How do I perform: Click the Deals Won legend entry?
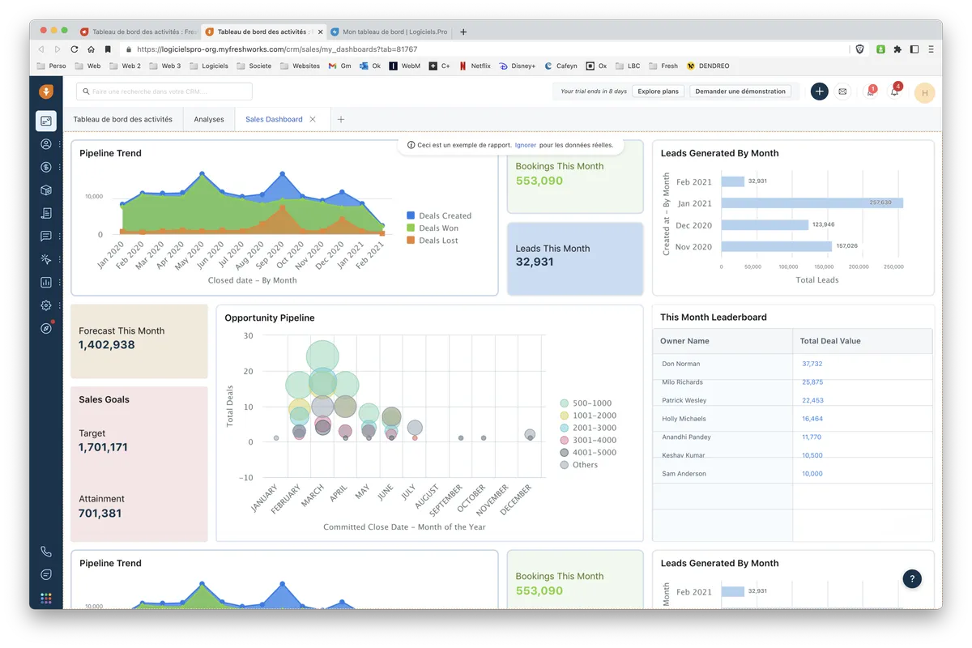[438, 228]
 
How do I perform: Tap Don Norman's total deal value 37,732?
[812, 364]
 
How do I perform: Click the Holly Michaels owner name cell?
[684, 419]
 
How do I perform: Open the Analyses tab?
[209, 119]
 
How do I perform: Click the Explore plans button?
[658, 92]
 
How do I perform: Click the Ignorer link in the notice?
[525, 145]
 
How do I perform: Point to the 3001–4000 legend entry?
[594, 440]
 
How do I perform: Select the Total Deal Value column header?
[830, 341]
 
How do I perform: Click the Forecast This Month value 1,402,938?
[107, 345]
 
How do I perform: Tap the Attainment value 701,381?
[100, 513]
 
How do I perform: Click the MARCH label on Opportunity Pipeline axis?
[313, 496]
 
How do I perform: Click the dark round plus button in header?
[819, 92]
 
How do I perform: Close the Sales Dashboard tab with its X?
[313, 119]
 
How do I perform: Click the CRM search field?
[164, 92]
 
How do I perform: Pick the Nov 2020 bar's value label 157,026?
[846, 246]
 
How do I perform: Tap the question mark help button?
[912, 578]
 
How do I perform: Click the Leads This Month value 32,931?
[535, 262]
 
